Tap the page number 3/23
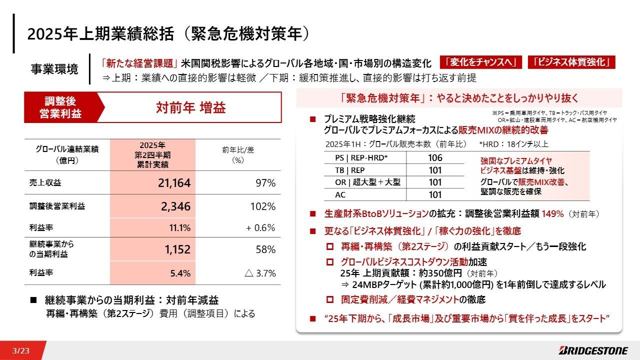[x=21, y=351]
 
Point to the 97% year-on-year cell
[x=264, y=183]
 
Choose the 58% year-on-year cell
[x=265, y=249]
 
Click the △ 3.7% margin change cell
[x=260, y=273]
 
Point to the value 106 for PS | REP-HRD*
[x=435, y=158]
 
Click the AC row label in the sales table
[x=340, y=194]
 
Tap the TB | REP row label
[x=350, y=170]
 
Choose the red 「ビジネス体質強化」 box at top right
[x=571, y=62]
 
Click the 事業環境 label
[x=54, y=69]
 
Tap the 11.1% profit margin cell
[x=180, y=228]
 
